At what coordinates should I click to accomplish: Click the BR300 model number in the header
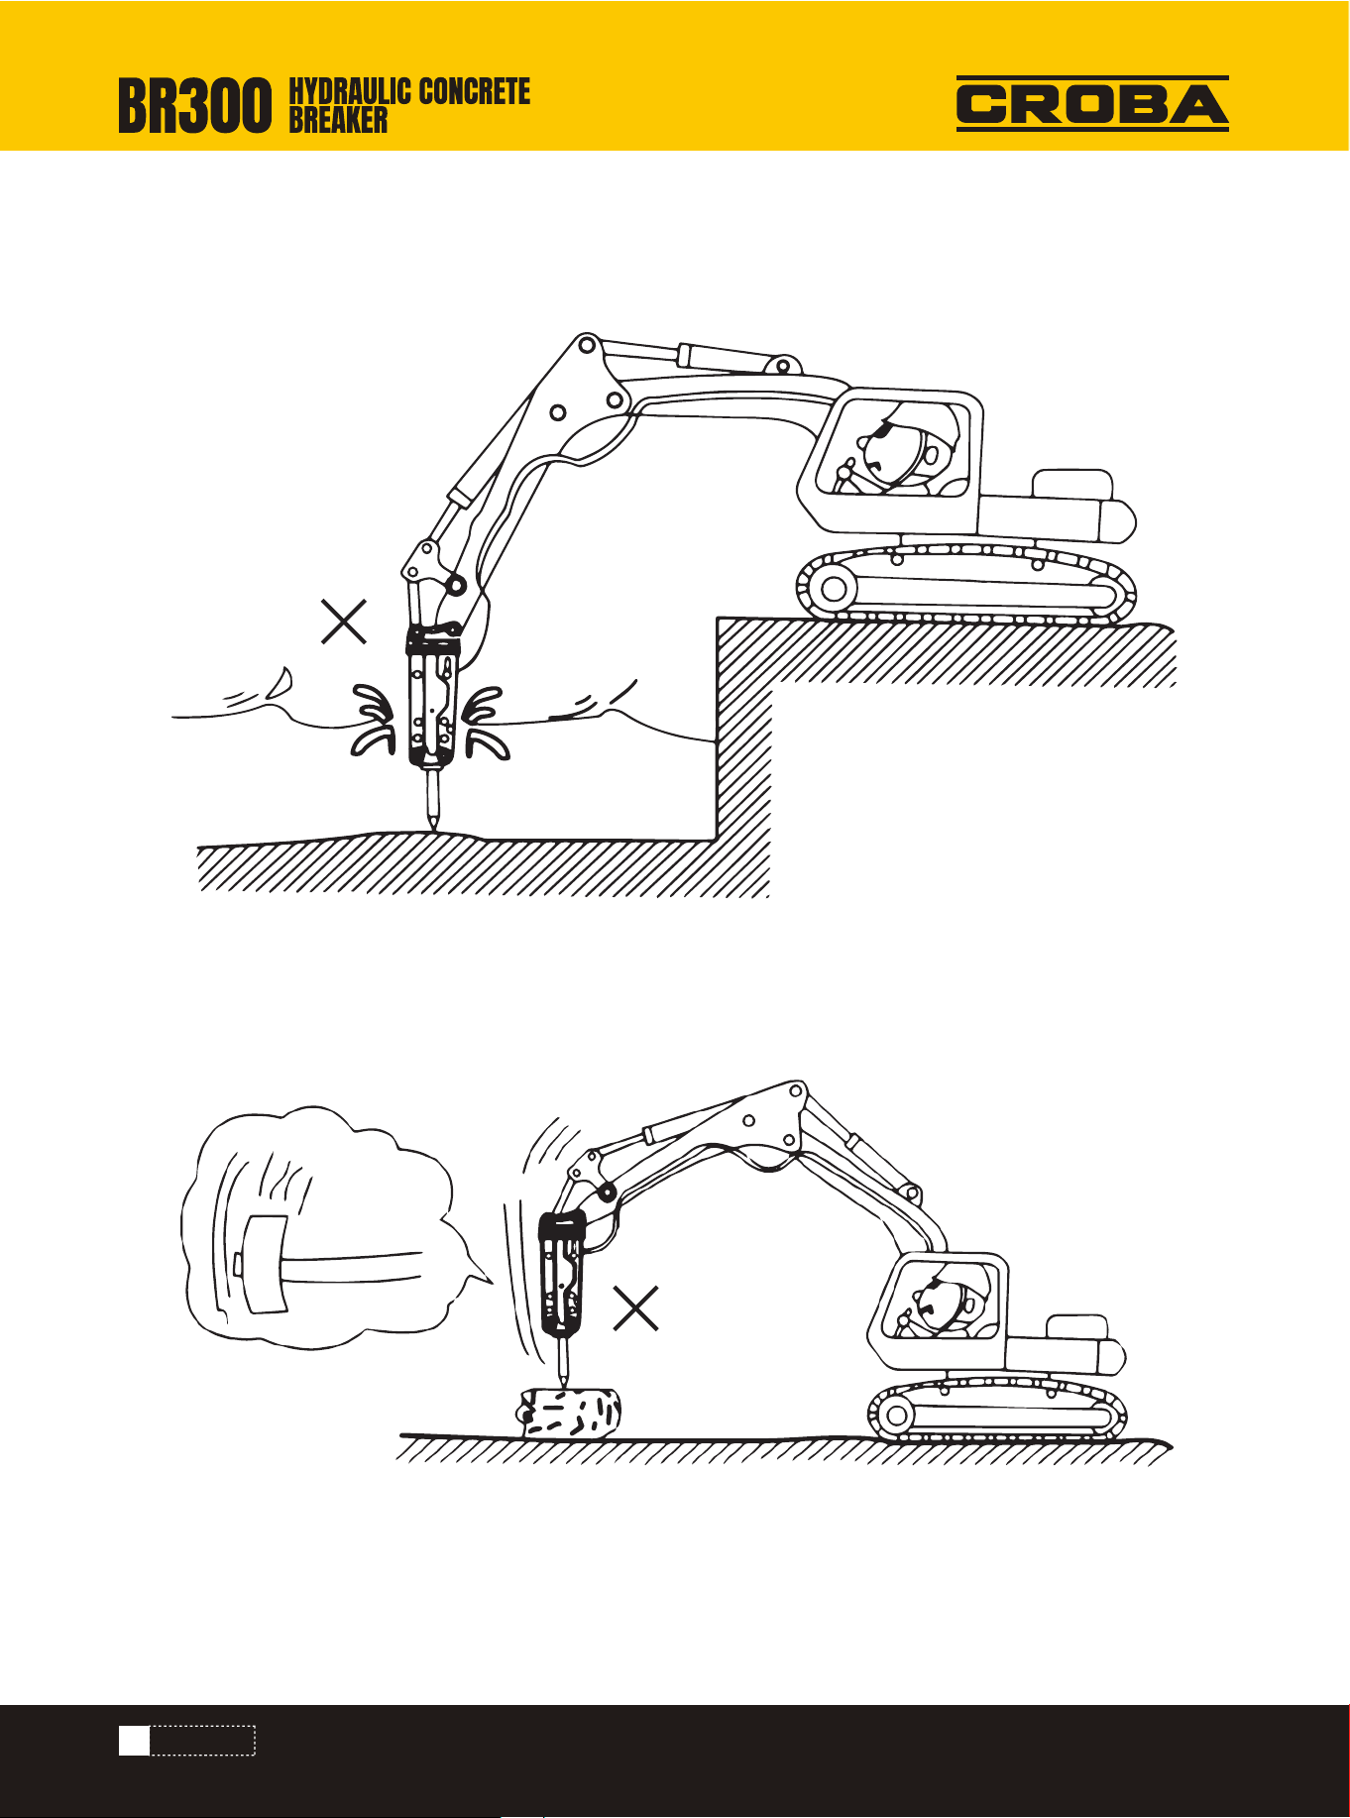tap(194, 107)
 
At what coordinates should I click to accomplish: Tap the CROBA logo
tap(1092, 104)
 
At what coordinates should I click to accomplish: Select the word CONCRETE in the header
tap(474, 92)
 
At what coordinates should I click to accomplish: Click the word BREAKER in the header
tap(338, 120)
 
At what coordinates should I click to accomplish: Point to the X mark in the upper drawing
tap(344, 622)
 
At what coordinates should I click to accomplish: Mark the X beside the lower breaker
tap(636, 1307)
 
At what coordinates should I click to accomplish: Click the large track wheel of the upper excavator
tap(833, 589)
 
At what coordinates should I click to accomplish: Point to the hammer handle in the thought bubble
tap(353, 1266)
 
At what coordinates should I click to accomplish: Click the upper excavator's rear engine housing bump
tap(1071, 485)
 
